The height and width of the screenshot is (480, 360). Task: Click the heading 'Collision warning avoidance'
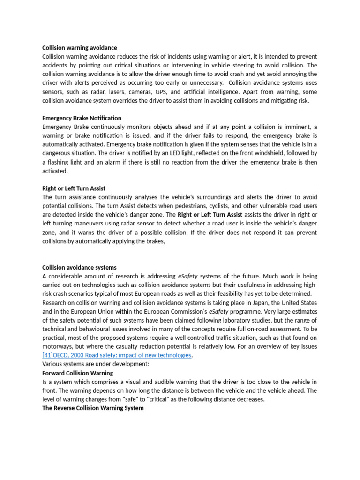[x=79, y=48]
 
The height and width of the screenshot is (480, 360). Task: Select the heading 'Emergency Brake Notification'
[x=82, y=118]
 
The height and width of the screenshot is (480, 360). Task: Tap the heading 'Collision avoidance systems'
[x=79, y=268]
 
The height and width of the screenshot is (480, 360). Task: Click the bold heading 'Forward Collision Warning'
[x=77, y=373]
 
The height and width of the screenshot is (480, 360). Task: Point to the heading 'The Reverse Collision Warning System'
[x=93, y=408]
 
